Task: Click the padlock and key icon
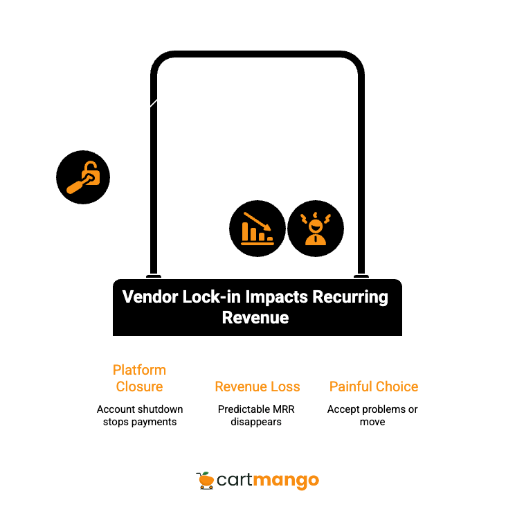click(x=83, y=177)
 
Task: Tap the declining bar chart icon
click(x=257, y=229)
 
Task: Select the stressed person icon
click(x=316, y=229)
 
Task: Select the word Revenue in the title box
click(x=255, y=319)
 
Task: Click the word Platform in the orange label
click(x=140, y=370)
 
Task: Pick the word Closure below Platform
click(x=140, y=386)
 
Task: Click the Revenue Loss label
click(x=257, y=386)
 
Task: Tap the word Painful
click(x=353, y=386)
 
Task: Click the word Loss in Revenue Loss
click(x=286, y=386)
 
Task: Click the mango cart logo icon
click(x=204, y=479)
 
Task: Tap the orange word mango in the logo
click(x=287, y=480)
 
